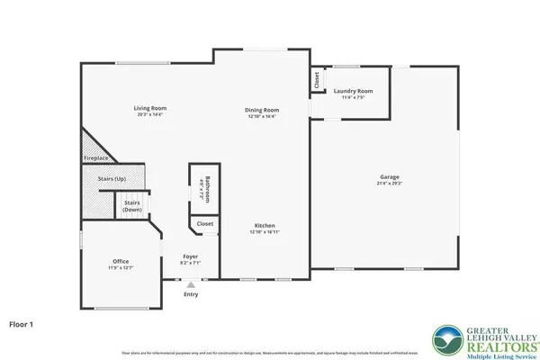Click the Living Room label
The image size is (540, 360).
click(x=151, y=108)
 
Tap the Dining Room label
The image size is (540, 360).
click(x=262, y=110)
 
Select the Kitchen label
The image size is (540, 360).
click(x=264, y=225)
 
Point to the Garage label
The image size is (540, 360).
click(x=390, y=177)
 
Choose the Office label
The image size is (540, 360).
click(x=121, y=261)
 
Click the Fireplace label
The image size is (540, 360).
click(x=96, y=157)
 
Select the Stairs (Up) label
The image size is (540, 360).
click(x=111, y=179)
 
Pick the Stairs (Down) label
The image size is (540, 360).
click(x=132, y=206)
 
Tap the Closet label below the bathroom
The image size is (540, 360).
click(x=204, y=223)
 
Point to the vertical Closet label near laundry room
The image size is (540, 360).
click(x=317, y=79)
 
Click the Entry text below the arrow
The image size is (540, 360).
click(x=191, y=294)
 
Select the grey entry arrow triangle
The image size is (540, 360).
click(x=190, y=284)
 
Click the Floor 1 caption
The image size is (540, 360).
click(x=22, y=321)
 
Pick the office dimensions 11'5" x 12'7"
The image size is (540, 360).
click(x=121, y=266)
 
